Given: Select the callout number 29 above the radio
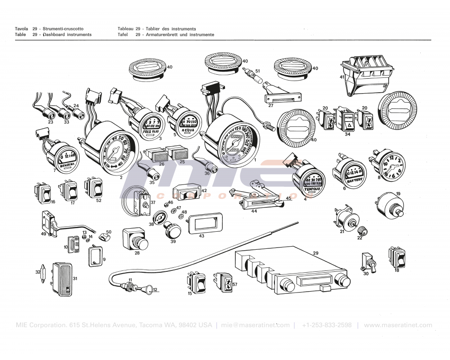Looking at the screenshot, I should pyautogui.click(x=315, y=254).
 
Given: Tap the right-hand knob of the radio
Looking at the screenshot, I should pyautogui.click(x=343, y=281).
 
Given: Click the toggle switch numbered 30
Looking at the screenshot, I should pyautogui.click(x=365, y=262).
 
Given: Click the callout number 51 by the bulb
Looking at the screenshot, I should pyautogui.click(x=258, y=71).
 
